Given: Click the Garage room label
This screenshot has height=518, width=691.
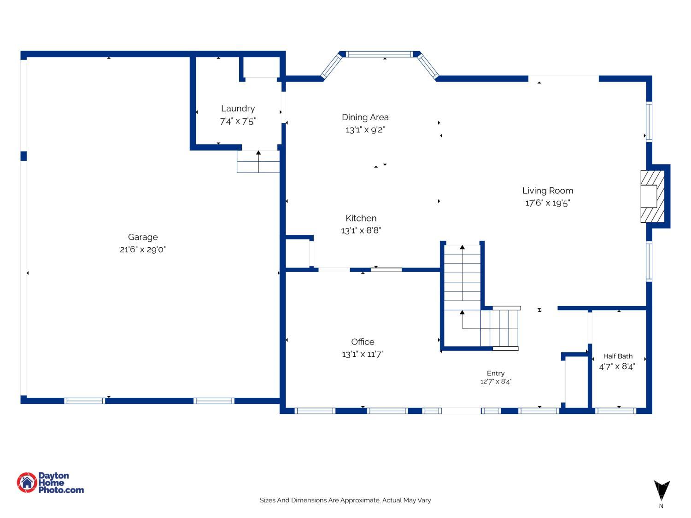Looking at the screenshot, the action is click(143, 238).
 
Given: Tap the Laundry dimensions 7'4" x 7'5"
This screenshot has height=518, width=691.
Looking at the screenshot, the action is click(238, 122).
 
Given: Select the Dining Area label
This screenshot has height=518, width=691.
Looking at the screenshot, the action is click(365, 117).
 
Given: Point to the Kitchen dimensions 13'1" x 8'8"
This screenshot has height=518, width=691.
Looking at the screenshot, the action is click(361, 231).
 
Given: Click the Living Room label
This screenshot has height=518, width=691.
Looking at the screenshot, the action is click(547, 191).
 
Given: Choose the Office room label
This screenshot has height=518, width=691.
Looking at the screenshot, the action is click(363, 342).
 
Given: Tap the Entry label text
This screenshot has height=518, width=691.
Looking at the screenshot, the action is click(496, 373).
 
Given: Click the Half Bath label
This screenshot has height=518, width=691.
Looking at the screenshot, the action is click(618, 356).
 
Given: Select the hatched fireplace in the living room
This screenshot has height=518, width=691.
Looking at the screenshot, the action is click(652, 196).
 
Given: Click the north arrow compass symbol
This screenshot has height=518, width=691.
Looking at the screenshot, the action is click(662, 490).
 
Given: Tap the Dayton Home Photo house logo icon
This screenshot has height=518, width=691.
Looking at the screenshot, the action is click(27, 483).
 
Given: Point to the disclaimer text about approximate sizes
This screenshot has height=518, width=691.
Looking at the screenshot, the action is click(345, 500).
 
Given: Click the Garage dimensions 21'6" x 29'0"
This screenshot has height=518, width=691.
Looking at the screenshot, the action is click(143, 250).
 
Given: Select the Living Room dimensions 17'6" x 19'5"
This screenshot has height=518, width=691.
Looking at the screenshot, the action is click(547, 203).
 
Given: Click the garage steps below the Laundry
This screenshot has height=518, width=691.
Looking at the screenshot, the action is click(258, 162).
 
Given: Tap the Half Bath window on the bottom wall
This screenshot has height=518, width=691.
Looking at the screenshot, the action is click(615, 411).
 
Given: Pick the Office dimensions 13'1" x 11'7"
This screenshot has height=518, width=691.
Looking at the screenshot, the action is click(363, 355).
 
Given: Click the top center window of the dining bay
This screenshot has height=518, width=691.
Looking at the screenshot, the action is click(379, 54).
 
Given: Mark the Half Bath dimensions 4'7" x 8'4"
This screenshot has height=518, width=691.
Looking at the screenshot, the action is click(617, 367).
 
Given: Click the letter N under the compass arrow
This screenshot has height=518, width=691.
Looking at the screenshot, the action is click(661, 506).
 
